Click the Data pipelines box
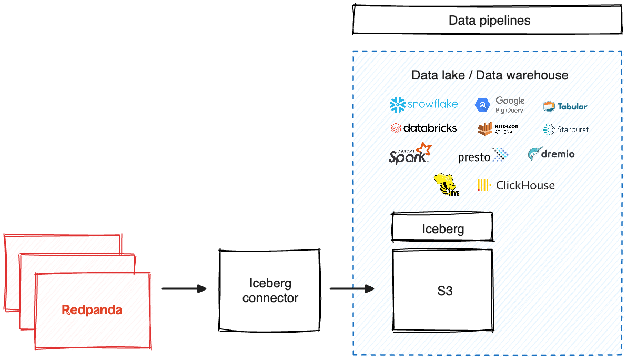click(x=489, y=21)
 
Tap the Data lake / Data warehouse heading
click(x=489, y=75)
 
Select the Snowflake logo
click(x=423, y=104)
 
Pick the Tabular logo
click(x=565, y=106)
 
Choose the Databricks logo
click(x=424, y=128)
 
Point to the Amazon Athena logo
click(x=498, y=128)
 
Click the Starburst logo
click(x=566, y=129)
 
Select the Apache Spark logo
click(x=410, y=154)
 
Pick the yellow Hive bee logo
click(x=447, y=185)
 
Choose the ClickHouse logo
click(x=516, y=185)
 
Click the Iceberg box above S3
click(x=442, y=228)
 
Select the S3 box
click(x=443, y=291)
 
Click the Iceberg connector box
click(x=269, y=291)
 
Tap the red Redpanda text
click(x=92, y=310)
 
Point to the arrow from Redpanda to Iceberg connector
click(x=184, y=288)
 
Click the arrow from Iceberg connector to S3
click(x=351, y=288)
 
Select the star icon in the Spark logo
click(x=423, y=149)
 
